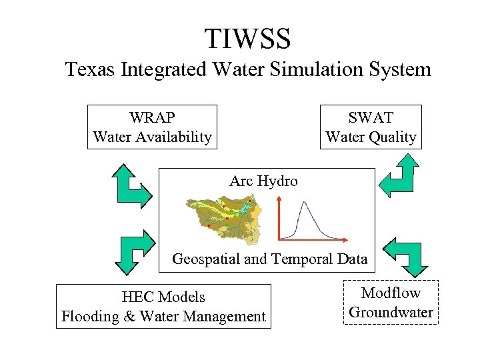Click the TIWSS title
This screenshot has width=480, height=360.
coord(247,39)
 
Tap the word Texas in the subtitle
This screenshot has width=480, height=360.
coord(91,69)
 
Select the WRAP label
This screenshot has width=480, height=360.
coord(152,118)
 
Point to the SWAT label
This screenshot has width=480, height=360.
coord(371,118)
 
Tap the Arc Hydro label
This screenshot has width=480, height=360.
coord(263,181)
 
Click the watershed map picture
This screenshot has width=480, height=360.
coord(222,217)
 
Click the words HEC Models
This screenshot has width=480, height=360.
coord(163,297)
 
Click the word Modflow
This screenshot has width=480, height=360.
coord(391,293)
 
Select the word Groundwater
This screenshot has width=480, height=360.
coord(391,312)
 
